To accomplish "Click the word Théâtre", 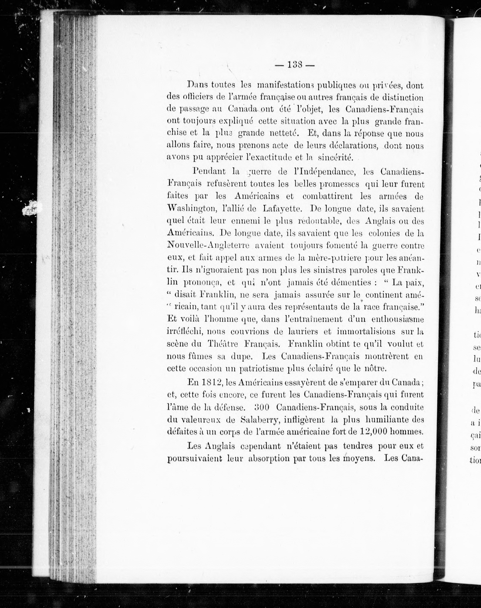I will (223, 344).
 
